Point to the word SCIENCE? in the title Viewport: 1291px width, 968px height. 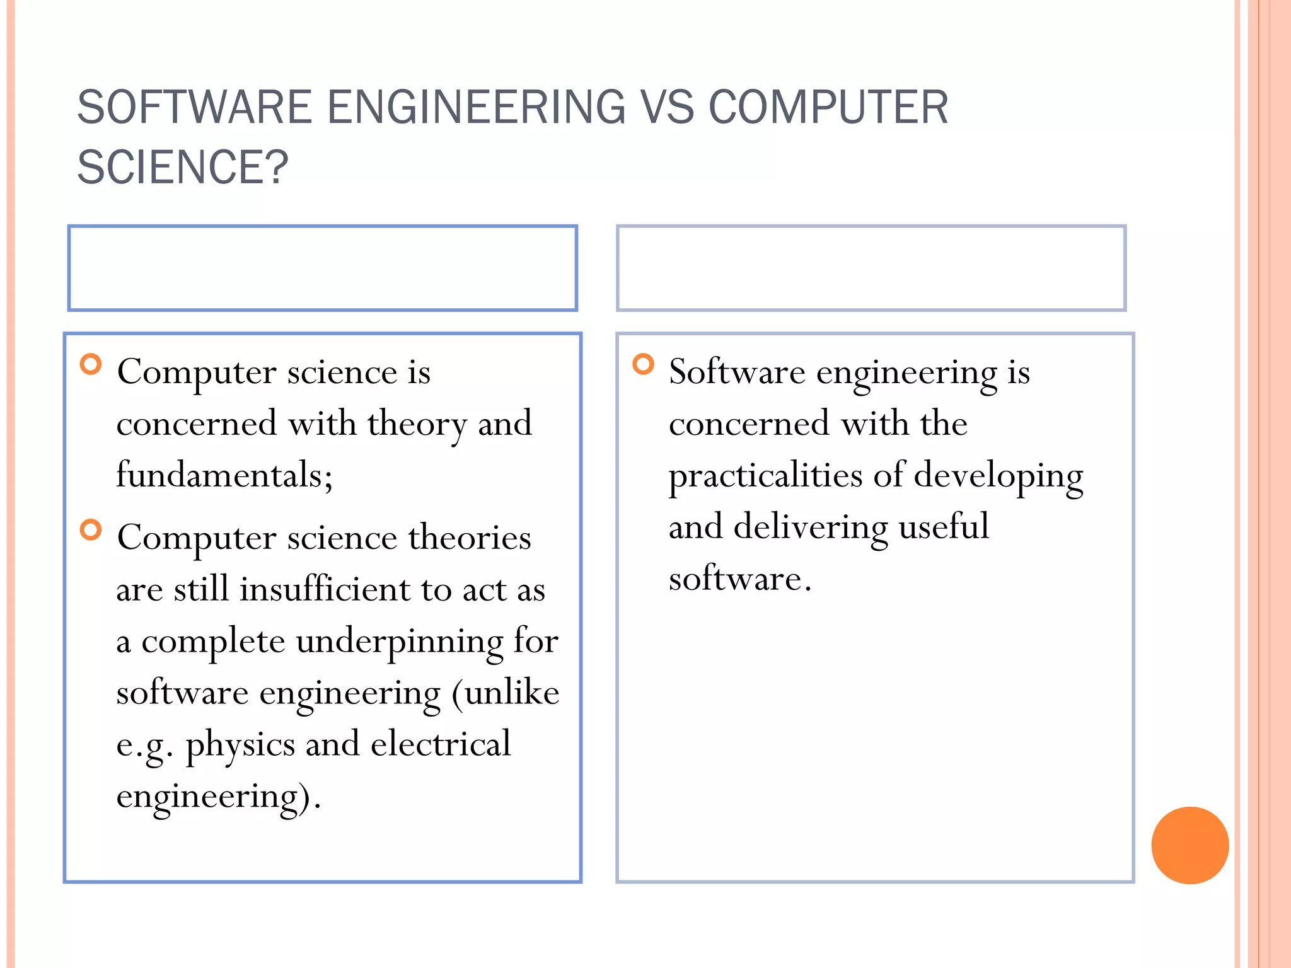click(x=182, y=167)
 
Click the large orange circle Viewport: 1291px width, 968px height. click(x=1190, y=845)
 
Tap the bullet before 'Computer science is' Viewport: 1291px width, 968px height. click(x=91, y=364)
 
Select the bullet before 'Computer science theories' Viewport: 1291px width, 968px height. click(x=91, y=530)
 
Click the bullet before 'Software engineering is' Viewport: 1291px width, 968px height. click(x=643, y=364)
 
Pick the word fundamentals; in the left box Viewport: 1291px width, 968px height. click(x=224, y=475)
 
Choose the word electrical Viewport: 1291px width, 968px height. click(x=441, y=744)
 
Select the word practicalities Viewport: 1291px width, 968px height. click(x=765, y=476)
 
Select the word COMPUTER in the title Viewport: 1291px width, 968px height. click(x=828, y=107)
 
